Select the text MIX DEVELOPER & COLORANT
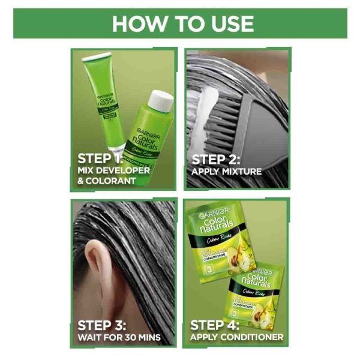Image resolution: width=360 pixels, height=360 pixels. pos(114,176)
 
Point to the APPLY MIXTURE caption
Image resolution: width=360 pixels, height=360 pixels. pos(226,172)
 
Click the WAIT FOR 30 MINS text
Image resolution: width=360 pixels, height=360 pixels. pos(119,338)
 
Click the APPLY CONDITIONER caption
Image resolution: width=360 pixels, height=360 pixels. pos(236,338)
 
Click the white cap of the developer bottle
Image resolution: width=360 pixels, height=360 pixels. pos(161,99)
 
